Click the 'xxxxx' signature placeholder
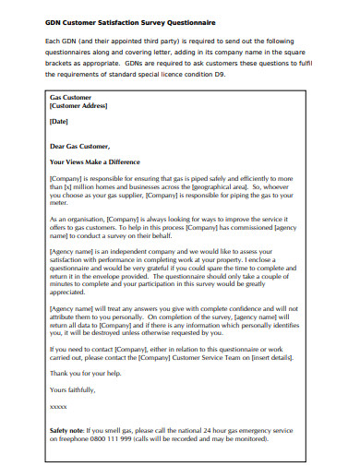[59, 407]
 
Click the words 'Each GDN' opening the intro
[61, 42]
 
